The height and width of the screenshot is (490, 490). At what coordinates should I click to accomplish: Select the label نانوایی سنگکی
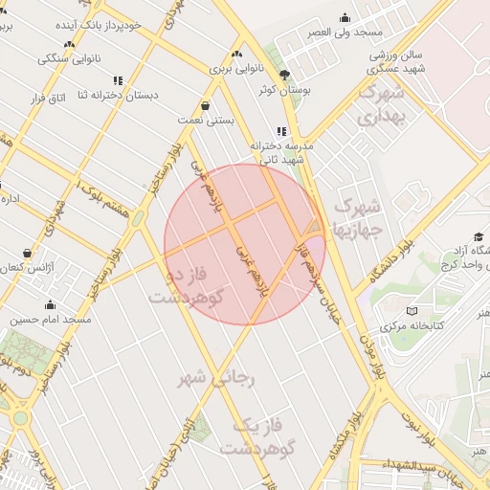pyautogui.click(x=68, y=58)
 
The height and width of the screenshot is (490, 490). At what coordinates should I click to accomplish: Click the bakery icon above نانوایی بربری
pyautogui.click(x=236, y=54)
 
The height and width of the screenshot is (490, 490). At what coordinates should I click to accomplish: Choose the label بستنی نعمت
pyautogui.click(x=206, y=121)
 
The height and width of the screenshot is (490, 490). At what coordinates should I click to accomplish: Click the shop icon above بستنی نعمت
pyautogui.click(x=206, y=105)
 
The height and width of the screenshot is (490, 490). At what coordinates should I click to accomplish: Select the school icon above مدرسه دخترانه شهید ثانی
pyautogui.click(x=281, y=131)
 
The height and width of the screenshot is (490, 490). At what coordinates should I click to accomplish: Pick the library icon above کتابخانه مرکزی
pyautogui.click(x=412, y=311)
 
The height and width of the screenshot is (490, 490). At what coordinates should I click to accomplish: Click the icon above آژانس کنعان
pyautogui.click(x=27, y=254)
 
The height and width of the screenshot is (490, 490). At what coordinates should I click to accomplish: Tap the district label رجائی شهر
pyautogui.click(x=218, y=378)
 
